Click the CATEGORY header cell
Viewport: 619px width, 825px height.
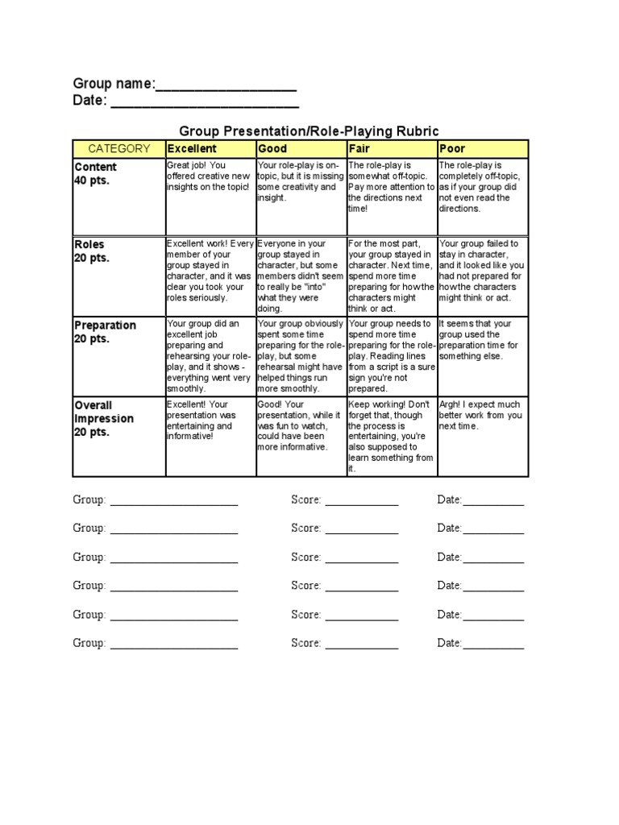(x=119, y=148)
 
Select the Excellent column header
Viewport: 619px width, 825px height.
(x=210, y=148)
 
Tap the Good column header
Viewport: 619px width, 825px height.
(x=301, y=148)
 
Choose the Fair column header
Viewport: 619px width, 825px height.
(x=392, y=148)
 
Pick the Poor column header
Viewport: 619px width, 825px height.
(x=483, y=148)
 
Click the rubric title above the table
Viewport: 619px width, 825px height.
(x=309, y=130)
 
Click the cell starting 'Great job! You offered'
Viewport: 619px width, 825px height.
(x=210, y=197)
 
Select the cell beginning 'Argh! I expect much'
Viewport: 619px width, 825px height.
(x=483, y=436)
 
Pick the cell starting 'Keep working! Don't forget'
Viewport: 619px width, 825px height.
(x=392, y=436)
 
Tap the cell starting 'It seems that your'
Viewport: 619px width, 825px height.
(x=483, y=355)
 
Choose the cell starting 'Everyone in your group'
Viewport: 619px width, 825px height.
(x=301, y=275)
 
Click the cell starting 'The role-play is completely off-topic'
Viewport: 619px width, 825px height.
(x=483, y=197)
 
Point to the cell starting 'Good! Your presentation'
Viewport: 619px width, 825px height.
(x=301, y=436)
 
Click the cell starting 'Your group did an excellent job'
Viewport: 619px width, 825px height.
(x=210, y=355)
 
